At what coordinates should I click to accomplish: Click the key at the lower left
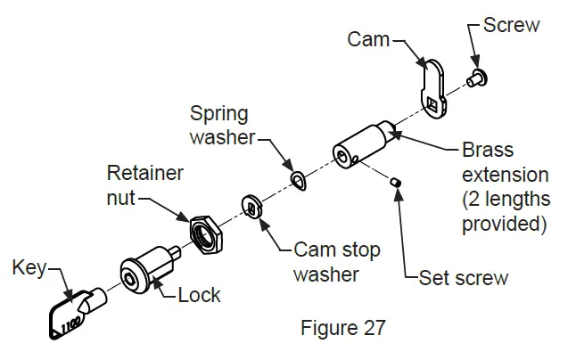pos(68,315)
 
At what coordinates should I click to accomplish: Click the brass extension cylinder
pos(362,143)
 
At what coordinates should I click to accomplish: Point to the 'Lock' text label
pos(199,295)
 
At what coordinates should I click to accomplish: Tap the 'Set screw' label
pos(464,277)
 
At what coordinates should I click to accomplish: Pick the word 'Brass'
pos(488,150)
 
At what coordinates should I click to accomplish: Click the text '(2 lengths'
pos(506,198)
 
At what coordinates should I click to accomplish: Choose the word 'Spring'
pos(218,114)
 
